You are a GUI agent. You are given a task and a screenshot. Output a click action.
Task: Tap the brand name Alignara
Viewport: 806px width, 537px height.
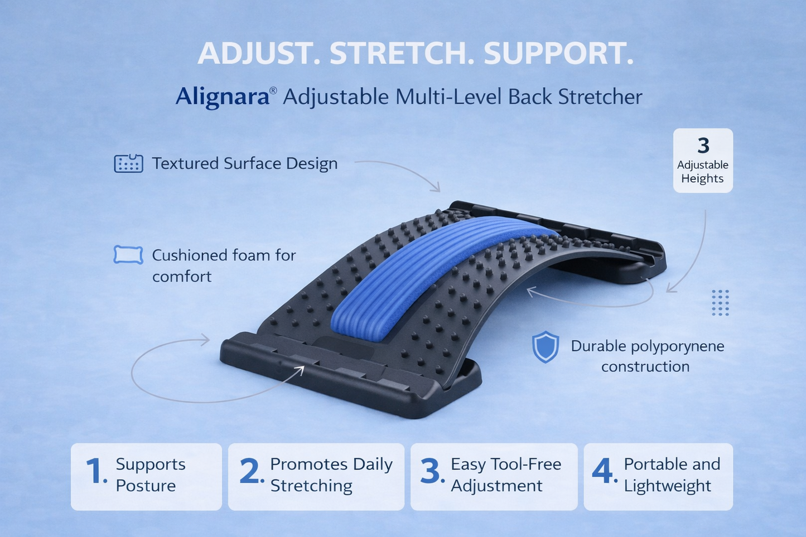point(222,96)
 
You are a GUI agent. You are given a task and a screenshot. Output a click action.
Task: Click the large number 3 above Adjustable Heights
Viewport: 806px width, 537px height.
point(703,146)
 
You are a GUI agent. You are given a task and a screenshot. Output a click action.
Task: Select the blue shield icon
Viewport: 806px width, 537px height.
point(545,347)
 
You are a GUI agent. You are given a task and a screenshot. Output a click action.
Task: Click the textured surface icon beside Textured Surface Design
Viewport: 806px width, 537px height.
point(128,164)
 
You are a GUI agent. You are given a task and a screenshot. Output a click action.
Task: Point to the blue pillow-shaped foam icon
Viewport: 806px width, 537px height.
point(128,255)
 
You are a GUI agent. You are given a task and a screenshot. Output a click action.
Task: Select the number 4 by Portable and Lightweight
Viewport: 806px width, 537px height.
point(603,471)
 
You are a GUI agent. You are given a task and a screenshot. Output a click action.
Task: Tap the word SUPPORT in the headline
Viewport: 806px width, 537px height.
point(558,54)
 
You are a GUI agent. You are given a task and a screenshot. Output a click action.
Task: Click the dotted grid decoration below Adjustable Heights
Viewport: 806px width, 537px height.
point(720,303)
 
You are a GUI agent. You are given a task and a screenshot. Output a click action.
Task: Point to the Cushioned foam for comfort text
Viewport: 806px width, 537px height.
point(223,265)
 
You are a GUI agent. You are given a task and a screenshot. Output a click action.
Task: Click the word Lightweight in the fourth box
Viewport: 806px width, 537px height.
point(667,486)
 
